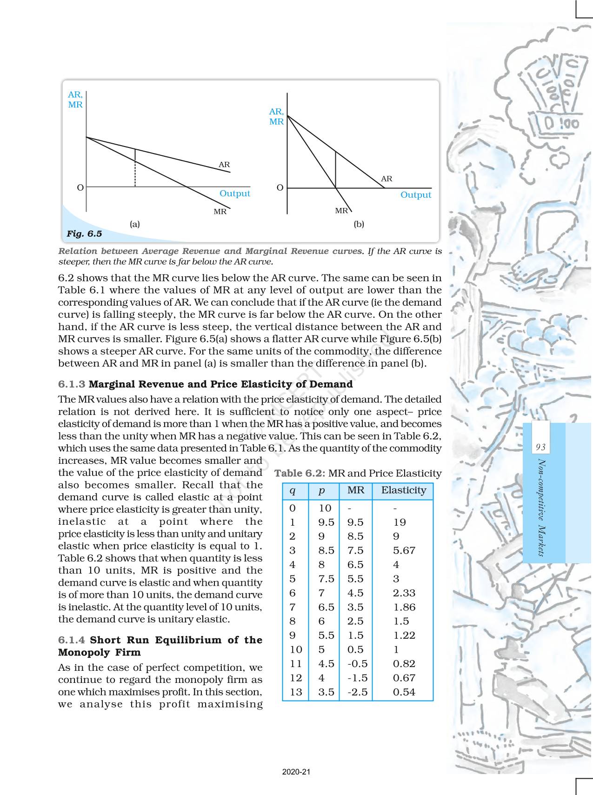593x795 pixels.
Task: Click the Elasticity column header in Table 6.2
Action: pos(403,490)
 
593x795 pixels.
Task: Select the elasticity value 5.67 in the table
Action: pos(404,550)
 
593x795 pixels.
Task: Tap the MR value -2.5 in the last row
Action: pos(357,692)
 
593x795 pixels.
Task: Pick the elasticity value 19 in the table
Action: pos(399,522)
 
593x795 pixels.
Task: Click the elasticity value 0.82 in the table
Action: pos(404,663)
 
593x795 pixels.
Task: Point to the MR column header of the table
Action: pos(356,490)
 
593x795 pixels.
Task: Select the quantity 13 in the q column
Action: pos(296,692)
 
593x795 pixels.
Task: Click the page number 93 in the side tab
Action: pos(540,447)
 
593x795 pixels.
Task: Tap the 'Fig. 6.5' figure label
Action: pos(84,234)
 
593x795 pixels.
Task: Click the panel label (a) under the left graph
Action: pos(134,224)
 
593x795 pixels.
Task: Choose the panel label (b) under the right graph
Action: pos(359,224)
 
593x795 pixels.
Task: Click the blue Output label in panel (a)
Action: pos(234,193)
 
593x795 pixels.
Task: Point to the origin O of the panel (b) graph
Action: pos(280,187)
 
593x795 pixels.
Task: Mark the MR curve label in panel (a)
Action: pos(220,212)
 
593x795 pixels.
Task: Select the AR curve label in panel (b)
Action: pos(386,179)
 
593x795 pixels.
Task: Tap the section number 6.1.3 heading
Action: pos(72,384)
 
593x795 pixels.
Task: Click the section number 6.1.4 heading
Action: pos(72,640)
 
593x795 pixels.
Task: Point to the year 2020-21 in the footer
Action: pos(296,772)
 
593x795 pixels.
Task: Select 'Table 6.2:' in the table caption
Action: pos(300,473)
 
